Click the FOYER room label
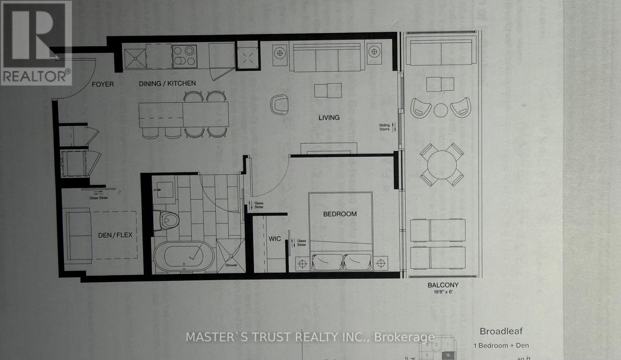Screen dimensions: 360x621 coord(102,84)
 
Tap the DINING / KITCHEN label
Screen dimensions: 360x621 coord(167,83)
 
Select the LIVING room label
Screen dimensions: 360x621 coord(329,118)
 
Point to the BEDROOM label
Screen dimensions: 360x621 coord(340,214)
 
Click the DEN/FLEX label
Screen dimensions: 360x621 coord(115,235)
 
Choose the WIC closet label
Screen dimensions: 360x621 coord(274,239)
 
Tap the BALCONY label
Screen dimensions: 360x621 coord(443,285)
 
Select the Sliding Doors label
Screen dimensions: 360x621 coord(384,127)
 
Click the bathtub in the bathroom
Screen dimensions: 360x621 coord(184,256)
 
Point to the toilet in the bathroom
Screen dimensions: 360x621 coord(168,221)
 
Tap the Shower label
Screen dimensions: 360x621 coord(231,265)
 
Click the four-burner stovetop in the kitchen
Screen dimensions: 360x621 coord(184,56)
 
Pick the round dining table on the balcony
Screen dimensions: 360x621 coord(442,164)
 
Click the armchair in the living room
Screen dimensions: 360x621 coord(280,105)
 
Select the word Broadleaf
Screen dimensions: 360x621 coord(501,331)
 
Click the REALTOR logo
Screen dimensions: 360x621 coord(36,43)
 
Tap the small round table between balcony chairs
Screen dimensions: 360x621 coord(441,110)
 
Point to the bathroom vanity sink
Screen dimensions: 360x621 coord(165,190)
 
